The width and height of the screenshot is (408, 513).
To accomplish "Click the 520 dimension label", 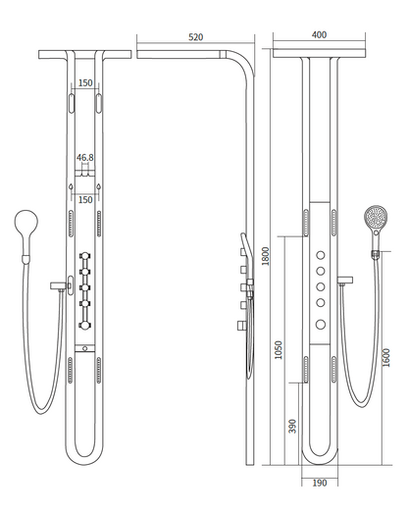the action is pyautogui.click(x=195, y=37).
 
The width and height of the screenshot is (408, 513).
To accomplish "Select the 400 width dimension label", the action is pyautogui.click(x=319, y=35).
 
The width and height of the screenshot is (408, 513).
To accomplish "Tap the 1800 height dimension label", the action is pyautogui.click(x=266, y=256).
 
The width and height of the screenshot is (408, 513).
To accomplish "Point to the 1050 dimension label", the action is pyautogui.click(x=279, y=350).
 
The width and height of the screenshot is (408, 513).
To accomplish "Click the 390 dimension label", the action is pyautogui.click(x=292, y=426).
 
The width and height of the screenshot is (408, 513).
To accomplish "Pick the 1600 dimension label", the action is pyautogui.click(x=386, y=358).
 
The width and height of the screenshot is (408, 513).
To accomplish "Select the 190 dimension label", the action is pyautogui.click(x=320, y=483).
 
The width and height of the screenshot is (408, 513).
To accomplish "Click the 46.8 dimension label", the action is pyautogui.click(x=85, y=158).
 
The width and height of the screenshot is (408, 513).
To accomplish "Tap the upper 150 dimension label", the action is pyautogui.click(x=85, y=82).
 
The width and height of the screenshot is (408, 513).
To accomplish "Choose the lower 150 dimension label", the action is pyautogui.click(x=85, y=199).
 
